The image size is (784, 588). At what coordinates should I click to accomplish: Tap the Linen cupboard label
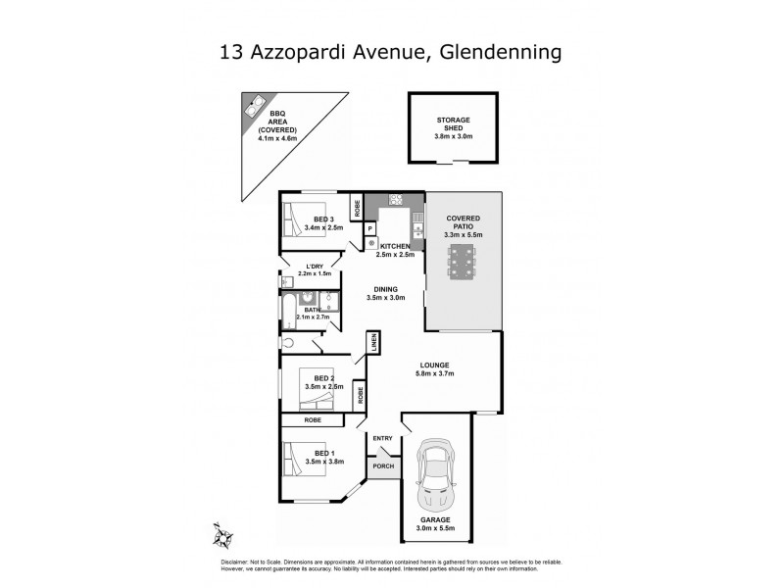[373, 342]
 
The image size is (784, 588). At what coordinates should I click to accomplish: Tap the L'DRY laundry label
[314, 267]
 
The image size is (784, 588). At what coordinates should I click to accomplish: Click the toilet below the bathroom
[287, 342]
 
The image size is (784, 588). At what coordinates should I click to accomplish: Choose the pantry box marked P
[370, 229]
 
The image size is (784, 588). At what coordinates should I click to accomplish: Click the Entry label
[381, 437]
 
